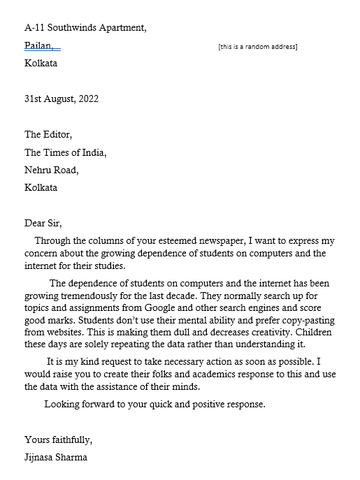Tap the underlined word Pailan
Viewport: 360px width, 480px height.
point(38,45)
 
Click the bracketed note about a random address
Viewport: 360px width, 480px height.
point(257,47)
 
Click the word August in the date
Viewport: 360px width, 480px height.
point(61,99)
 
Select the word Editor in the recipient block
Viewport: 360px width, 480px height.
point(58,135)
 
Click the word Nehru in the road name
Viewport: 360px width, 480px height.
point(38,170)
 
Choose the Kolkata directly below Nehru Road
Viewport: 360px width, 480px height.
point(41,187)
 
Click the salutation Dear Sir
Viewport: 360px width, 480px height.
point(43,224)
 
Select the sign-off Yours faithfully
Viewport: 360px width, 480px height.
point(58,441)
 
